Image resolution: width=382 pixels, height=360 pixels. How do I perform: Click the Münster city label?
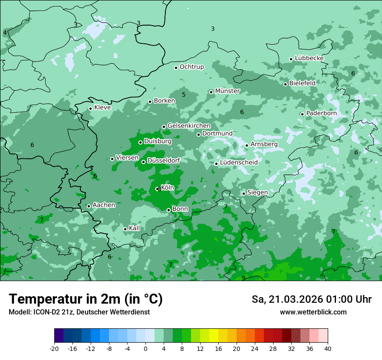click(227, 91)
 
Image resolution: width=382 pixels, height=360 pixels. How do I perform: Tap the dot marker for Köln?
click(157, 189)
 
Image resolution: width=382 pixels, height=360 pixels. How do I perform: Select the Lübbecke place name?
click(309, 58)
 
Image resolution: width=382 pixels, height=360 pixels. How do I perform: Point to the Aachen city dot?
click(89, 206)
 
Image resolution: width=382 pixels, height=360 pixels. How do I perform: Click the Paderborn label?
click(321, 113)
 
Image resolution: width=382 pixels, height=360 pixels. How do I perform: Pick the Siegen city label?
click(257, 192)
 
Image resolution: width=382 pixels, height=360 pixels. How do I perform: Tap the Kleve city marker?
click(90, 108)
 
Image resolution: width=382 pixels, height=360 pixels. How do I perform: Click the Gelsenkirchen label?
click(189, 126)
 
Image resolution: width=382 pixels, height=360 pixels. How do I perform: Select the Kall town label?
click(135, 228)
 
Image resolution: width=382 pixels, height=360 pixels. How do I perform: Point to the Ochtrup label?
click(191, 67)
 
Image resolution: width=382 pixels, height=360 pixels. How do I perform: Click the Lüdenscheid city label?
click(239, 162)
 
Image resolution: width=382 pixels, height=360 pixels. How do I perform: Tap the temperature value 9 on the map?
click(244, 278)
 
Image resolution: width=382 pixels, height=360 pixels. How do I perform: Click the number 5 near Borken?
click(184, 95)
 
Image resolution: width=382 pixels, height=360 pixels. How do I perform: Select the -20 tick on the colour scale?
click(54, 348)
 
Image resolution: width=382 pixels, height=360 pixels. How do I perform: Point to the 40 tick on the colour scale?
click(328, 348)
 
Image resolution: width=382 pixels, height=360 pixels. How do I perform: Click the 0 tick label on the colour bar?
click(145, 348)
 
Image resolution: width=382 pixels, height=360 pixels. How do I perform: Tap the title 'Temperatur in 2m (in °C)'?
click(86, 299)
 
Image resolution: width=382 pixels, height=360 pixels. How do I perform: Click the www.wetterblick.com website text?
click(313, 312)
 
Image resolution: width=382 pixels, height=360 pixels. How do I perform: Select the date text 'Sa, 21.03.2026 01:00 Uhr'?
click(311, 299)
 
